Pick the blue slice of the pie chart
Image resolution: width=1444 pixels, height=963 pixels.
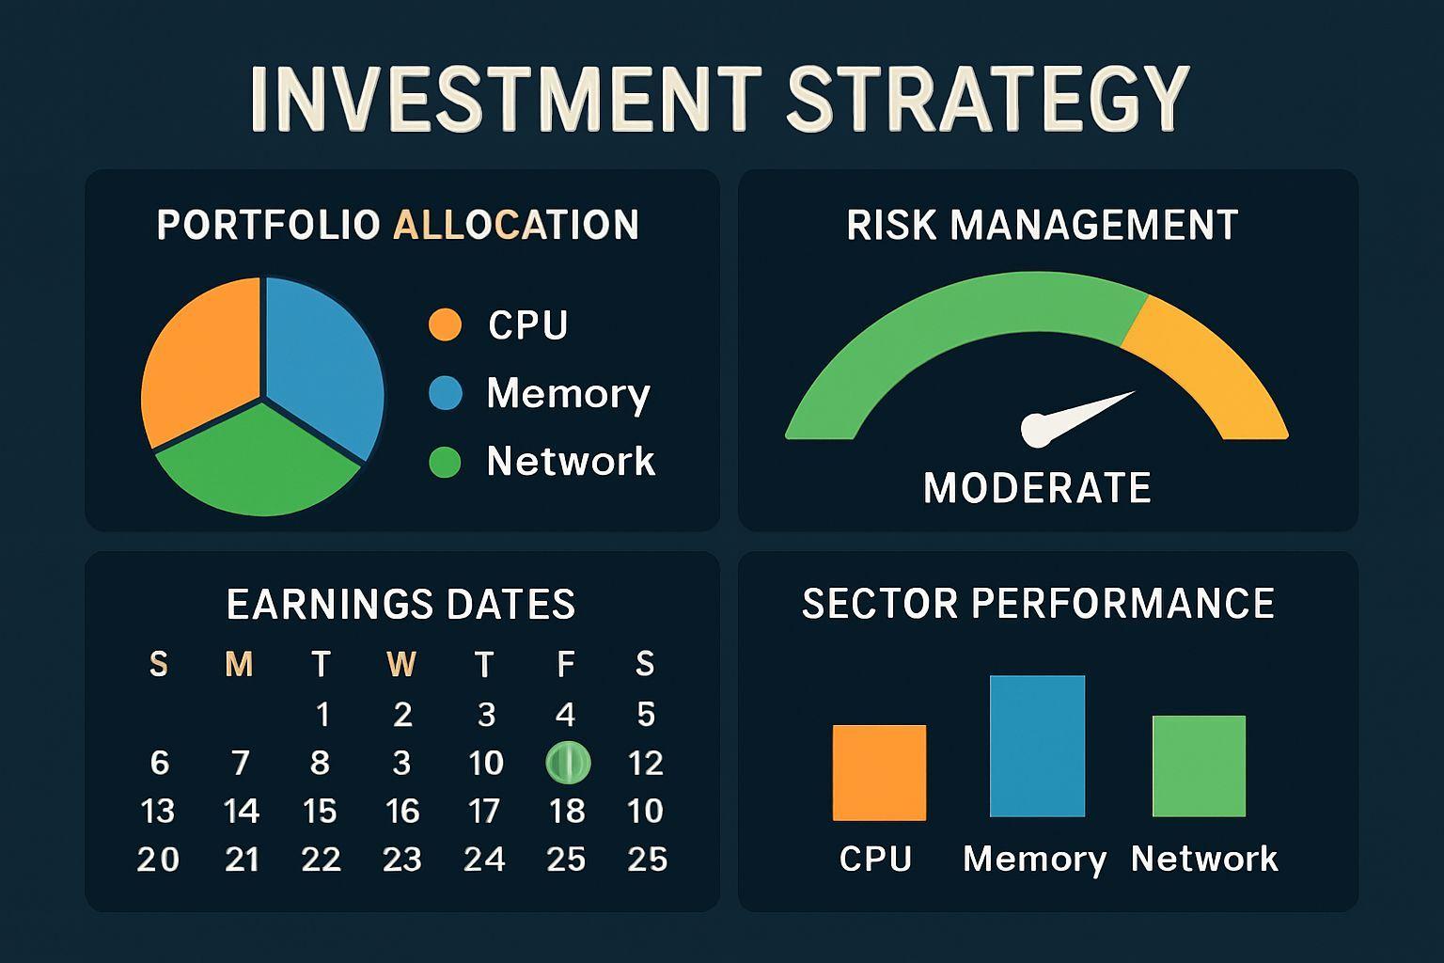pyautogui.click(x=322, y=361)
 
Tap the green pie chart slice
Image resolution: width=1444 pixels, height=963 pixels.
pyautogui.click(x=258, y=461)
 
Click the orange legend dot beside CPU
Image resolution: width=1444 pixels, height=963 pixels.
pyautogui.click(x=445, y=324)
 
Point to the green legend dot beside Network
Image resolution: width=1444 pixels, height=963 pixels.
pyautogui.click(x=445, y=462)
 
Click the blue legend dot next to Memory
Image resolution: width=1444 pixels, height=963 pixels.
pyautogui.click(x=446, y=393)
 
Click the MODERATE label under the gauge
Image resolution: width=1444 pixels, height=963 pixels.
pyautogui.click(x=1037, y=488)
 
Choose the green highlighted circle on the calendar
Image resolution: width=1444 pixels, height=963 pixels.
pyautogui.click(x=568, y=763)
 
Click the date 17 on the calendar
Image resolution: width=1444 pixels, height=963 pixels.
pyautogui.click(x=484, y=811)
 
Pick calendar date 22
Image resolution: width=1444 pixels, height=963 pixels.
pyautogui.click(x=321, y=860)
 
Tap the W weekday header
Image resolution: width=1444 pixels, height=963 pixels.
pyautogui.click(x=401, y=664)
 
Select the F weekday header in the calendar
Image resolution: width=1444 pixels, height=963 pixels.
pyautogui.click(x=565, y=664)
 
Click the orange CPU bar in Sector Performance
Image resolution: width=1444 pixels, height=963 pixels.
pyautogui.click(x=879, y=773)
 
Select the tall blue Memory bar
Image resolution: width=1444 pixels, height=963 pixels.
pyautogui.click(x=1037, y=747)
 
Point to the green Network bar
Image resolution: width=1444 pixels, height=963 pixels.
pyautogui.click(x=1199, y=766)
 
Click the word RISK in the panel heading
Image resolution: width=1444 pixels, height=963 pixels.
pyautogui.click(x=890, y=225)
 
